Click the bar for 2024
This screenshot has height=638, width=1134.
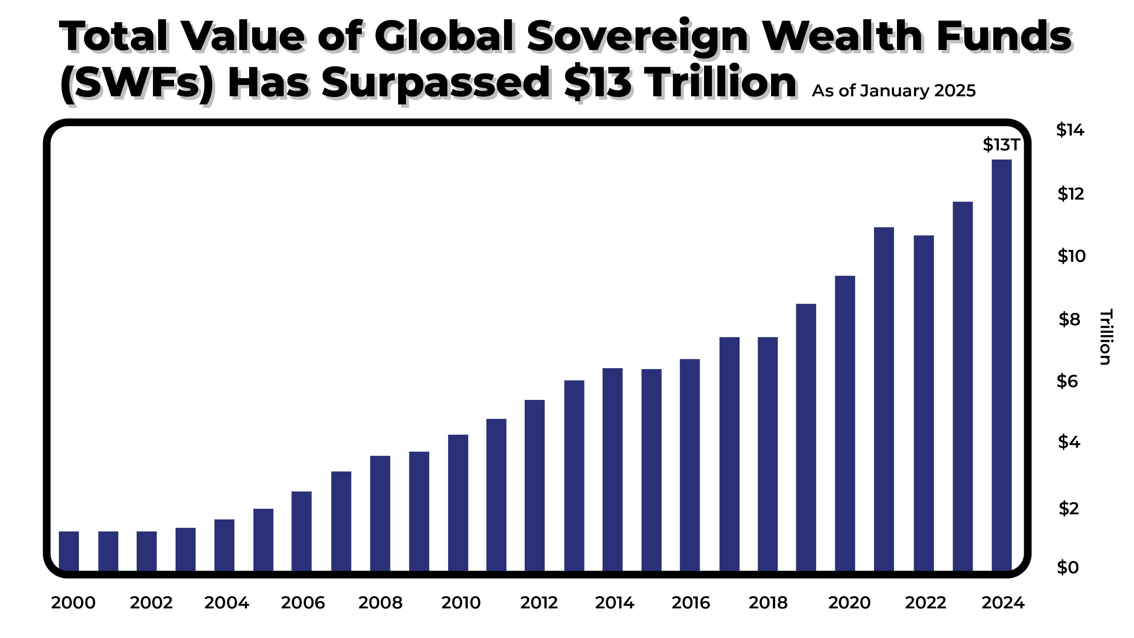coord(1001,365)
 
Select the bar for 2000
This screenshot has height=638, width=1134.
coord(69,551)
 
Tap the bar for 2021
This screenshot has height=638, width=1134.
coord(884,399)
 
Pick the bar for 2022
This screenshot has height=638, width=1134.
coord(924,403)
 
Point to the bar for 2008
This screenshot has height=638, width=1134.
coord(380,513)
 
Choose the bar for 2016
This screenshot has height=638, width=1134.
coord(690,465)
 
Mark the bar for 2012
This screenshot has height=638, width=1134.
coord(535,485)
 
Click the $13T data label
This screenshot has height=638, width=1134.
coord(1001,145)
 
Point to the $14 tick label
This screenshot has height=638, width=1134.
coord(1070,130)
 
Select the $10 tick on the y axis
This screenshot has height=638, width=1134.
coord(1071,256)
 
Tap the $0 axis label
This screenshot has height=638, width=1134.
coord(1068,568)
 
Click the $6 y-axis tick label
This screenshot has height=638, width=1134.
coord(1067,381)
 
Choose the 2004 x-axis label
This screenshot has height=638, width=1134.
coord(227,603)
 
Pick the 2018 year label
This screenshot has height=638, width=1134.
coord(768,603)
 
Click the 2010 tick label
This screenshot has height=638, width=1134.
coord(461,603)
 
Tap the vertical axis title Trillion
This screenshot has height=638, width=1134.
coord(1105,337)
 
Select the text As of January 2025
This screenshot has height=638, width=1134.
coord(894,91)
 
